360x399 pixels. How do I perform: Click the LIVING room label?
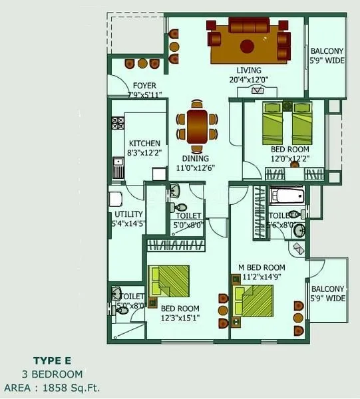(249, 70)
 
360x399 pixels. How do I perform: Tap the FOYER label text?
(144, 86)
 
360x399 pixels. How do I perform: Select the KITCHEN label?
(144, 143)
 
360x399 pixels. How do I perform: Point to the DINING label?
(196, 158)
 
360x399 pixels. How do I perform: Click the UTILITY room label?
(128, 214)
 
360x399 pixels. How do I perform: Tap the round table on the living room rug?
(247, 47)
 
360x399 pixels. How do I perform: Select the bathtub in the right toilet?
(287, 197)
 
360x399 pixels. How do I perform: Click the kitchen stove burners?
(118, 123)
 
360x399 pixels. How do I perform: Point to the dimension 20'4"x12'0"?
(249, 80)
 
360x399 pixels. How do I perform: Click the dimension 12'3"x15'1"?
(180, 318)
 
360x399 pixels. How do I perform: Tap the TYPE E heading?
(52, 362)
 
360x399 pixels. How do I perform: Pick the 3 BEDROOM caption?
(52, 374)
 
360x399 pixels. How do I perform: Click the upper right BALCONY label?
(327, 51)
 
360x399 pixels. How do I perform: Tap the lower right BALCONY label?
(327, 289)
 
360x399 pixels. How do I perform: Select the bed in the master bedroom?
(256, 301)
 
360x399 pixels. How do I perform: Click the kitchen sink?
(117, 166)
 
